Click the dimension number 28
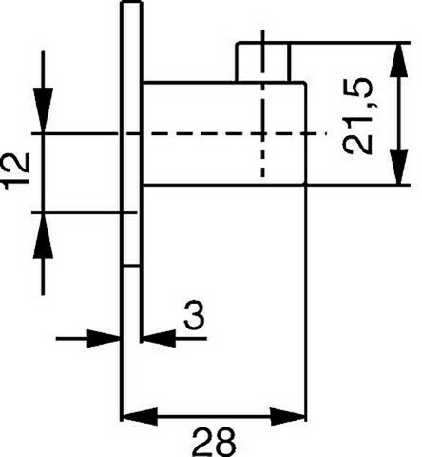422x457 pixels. coord(214,443)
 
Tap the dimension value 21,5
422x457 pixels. coord(357,116)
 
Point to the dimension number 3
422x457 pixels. coord(194,316)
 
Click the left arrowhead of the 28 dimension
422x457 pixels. coord(140,416)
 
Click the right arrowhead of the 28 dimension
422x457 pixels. coord(288,416)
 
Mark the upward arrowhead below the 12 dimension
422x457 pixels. coord(43,235)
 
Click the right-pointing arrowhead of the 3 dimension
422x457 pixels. coord(104,339)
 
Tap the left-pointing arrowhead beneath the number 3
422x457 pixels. coord(159,339)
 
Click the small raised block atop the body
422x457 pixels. coord(263,62)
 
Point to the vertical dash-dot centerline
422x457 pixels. coord(262,103)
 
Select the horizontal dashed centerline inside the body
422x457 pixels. coord(235,134)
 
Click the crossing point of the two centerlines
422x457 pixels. coord(262,134)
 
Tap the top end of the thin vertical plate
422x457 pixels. coord(131,2)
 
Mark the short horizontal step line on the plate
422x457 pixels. coord(131,266)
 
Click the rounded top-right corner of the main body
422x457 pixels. coord(304,84)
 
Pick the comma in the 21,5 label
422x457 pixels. coord(374,103)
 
